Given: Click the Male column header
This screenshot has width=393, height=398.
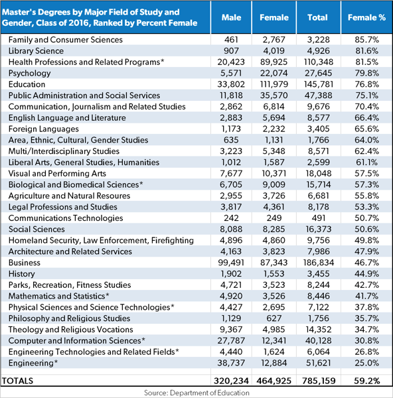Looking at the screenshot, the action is [231, 17].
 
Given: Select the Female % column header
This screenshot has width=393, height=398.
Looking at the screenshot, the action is [366, 17].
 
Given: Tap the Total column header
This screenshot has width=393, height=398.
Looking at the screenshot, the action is [317, 17].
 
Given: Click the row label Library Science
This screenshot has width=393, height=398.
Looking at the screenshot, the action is [36, 51].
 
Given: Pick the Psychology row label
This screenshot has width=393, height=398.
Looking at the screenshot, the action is [29, 74].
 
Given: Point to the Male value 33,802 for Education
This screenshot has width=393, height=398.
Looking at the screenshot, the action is [231, 84].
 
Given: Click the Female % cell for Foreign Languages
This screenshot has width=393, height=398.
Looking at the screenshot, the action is [366, 129].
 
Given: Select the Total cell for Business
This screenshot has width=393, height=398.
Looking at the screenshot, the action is [318, 263].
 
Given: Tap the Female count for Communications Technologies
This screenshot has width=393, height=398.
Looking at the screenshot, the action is [274, 218].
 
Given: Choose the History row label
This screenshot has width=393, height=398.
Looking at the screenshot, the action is [22, 274].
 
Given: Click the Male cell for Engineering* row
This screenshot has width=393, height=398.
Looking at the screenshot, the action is [231, 363].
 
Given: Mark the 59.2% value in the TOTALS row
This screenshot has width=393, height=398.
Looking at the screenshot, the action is [366, 381].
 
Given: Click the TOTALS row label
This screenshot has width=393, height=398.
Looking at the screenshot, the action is [17, 381].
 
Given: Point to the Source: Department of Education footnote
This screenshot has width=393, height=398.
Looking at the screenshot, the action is [197, 393].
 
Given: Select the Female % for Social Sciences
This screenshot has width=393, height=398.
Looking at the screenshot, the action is [366, 230].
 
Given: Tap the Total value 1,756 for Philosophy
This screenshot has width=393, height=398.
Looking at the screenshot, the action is [318, 318].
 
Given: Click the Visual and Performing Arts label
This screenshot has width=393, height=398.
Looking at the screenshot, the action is [57, 173].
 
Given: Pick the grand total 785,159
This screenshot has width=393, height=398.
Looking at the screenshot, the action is [319, 381].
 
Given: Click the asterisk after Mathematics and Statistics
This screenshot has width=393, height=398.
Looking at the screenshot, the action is [108, 295].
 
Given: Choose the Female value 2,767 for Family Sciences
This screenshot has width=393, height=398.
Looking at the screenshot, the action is [274, 40].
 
